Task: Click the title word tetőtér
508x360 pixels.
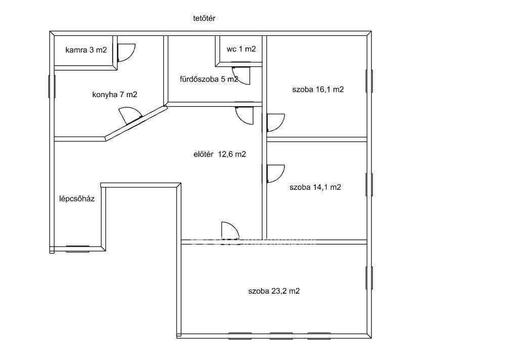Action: click(204, 19)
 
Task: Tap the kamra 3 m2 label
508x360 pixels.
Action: click(86, 50)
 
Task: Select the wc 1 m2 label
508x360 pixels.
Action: click(241, 49)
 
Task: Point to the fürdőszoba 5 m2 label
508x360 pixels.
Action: click(209, 79)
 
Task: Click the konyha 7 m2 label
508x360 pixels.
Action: click(115, 95)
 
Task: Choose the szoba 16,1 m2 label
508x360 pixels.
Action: click(318, 90)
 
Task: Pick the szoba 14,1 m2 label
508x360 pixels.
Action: click(315, 187)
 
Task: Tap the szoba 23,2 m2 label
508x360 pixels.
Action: click(274, 291)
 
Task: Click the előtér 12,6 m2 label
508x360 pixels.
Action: click(220, 154)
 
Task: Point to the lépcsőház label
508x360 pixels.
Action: click(77, 198)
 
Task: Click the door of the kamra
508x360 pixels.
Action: click(126, 52)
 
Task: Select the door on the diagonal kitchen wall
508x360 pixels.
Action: click(131, 116)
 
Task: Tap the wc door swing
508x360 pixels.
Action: click(241, 75)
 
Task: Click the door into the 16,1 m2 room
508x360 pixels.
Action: click(275, 123)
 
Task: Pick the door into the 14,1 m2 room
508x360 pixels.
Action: click(275, 174)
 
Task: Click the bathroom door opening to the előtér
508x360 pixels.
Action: click(244, 115)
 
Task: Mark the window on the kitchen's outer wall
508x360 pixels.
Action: click(52, 86)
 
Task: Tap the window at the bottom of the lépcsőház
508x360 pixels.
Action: click(78, 249)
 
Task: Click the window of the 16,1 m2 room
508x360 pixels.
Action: click(369, 81)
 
